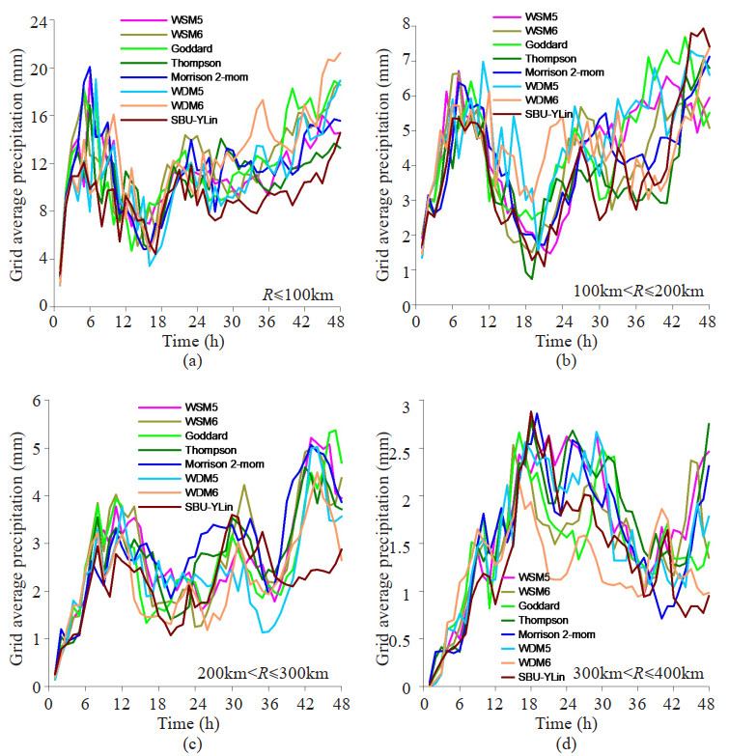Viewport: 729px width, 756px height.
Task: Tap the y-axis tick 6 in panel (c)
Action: click(39, 401)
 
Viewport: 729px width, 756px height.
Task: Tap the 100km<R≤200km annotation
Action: click(637, 290)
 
